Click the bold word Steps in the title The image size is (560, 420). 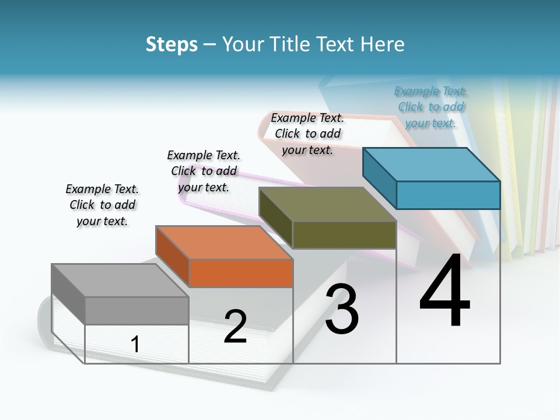[x=171, y=44]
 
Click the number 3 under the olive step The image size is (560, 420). [x=342, y=310]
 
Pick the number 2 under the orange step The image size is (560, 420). [x=235, y=327]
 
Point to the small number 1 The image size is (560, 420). [x=135, y=345]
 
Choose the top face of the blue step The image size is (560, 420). [x=432, y=164]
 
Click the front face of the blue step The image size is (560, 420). [x=448, y=195]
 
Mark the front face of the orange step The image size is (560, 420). [x=241, y=273]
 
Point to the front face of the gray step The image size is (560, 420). [x=136, y=310]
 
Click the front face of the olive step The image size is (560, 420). [x=344, y=235]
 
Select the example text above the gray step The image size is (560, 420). [x=102, y=205]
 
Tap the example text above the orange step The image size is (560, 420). [x=204, y=171]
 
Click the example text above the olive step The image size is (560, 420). [x=307, y=134]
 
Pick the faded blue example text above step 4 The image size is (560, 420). [x=430, y=107]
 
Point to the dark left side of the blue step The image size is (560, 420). [x=379, y=177]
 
